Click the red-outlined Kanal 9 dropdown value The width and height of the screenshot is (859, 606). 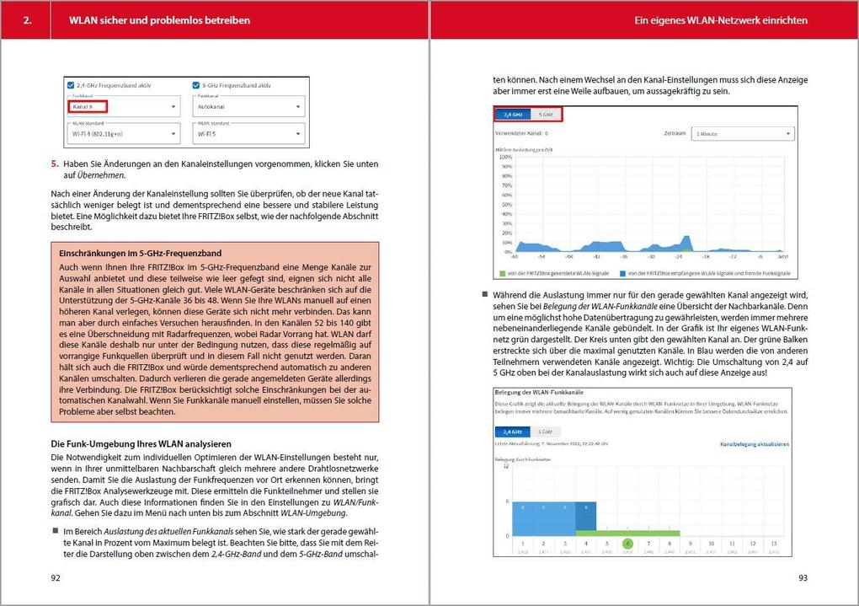88,107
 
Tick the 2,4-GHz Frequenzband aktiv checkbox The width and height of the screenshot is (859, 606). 71,85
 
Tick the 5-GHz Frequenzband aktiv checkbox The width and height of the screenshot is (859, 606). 196,85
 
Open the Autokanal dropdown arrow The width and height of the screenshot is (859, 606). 298,108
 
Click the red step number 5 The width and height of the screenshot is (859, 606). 55,164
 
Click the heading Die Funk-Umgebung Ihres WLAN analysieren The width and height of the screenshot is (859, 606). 141,443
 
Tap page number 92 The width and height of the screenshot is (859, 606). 56,578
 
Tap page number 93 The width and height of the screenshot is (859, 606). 802,578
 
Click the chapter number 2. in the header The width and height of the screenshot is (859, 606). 28,19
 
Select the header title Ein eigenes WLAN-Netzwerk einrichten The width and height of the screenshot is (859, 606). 721,19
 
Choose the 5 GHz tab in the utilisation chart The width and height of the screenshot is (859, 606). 545,114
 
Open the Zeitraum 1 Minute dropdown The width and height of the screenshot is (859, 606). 742,133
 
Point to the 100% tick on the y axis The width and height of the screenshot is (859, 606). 505,157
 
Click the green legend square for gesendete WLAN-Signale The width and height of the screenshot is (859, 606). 502,273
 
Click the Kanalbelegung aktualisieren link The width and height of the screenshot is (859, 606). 755,443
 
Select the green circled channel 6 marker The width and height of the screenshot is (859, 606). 627,544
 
